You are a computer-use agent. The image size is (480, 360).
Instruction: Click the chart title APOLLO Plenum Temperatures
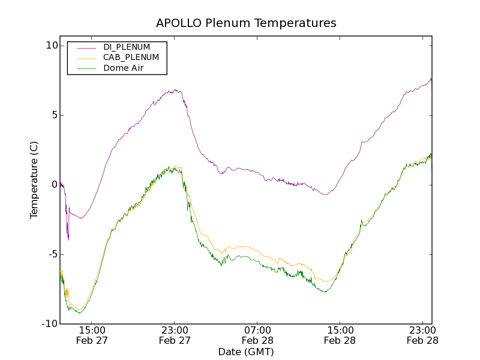click(246, 23)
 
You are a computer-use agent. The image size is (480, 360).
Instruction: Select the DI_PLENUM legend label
click(127, 47)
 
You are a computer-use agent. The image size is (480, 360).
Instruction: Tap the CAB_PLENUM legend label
click(131, 58)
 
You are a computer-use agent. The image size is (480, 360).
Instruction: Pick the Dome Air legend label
click(124, 68)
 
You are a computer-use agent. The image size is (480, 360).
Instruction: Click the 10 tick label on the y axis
click(51, 46)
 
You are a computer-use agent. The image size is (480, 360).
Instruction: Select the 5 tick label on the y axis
click(54, 115)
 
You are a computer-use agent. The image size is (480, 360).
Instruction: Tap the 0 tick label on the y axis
click(54, 185)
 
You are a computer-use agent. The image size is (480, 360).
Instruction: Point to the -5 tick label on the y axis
click(52, 254)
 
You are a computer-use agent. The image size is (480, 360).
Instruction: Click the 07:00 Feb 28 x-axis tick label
click(257, 335)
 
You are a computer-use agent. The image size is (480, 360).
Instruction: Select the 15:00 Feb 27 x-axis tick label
click(92, 335)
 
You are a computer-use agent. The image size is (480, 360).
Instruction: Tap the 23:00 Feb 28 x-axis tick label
click(422, 335)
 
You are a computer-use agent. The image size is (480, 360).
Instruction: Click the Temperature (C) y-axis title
click(34, 180)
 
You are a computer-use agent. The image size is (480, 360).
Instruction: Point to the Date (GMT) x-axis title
click(246, 352)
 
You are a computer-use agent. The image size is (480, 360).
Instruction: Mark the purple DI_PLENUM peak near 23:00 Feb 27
click(176, 91)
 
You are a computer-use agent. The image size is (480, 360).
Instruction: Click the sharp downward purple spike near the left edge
click(68, 239)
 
